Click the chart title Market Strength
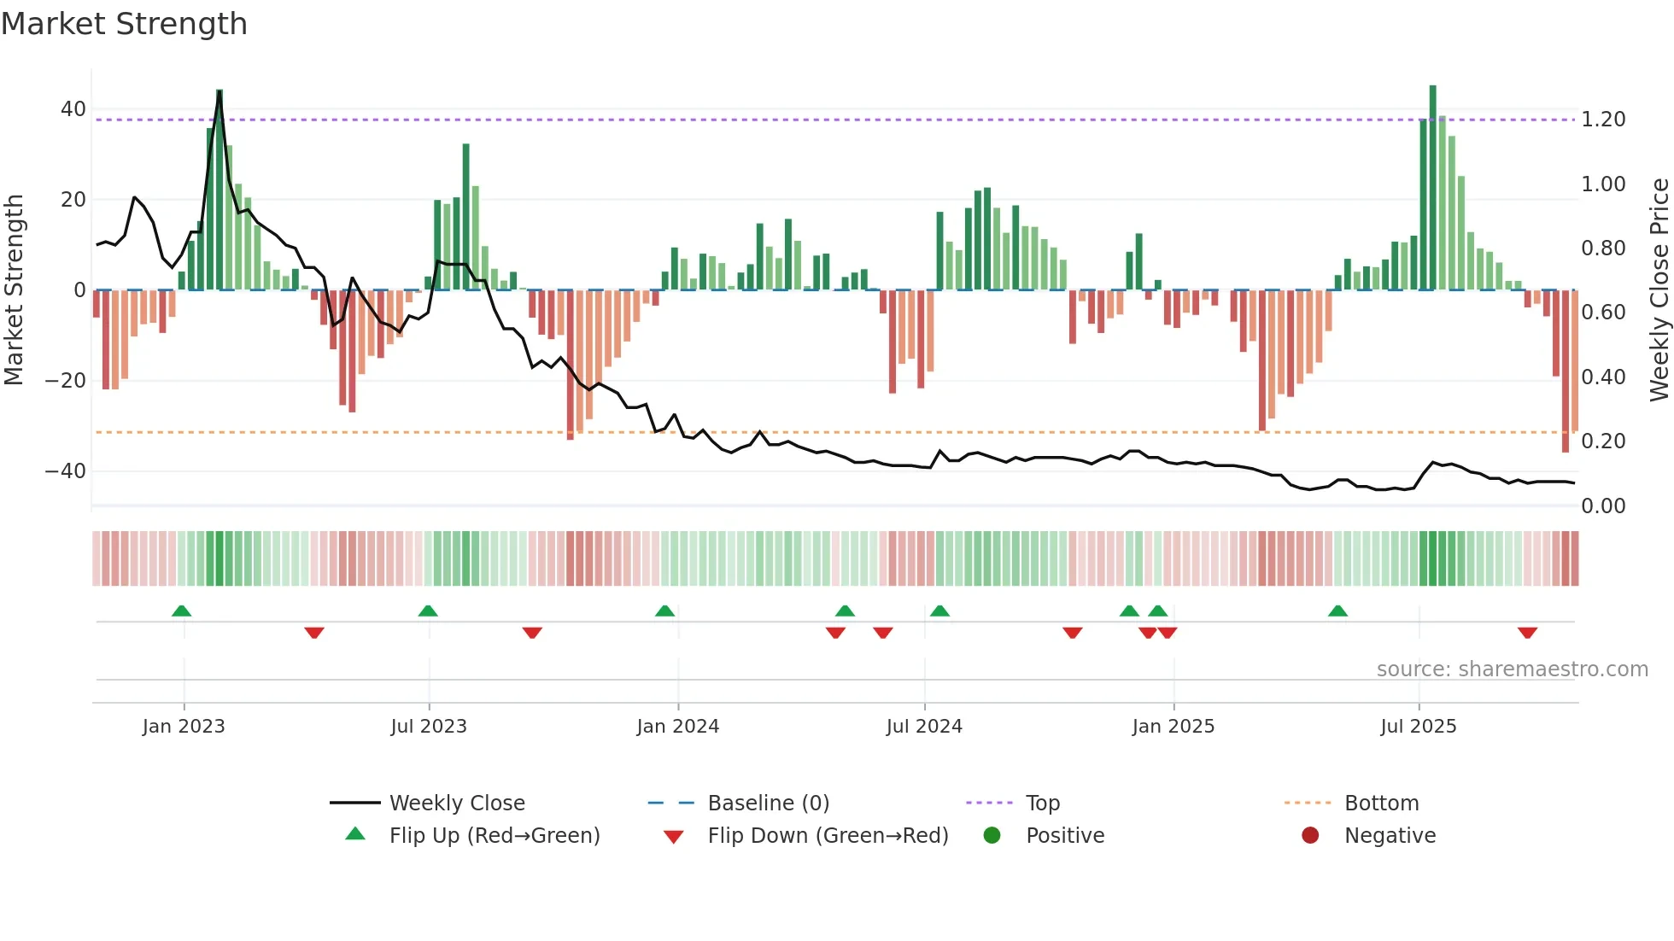(x=125, y=24)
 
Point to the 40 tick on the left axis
(x=73, y=109)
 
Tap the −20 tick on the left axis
(x=66, y=381)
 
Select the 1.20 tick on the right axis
(x=1603, y=120)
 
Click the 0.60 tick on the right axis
(x=1603, y=313)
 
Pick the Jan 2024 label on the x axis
(x=678, y=727)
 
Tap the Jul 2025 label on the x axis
(x=1419, y=727)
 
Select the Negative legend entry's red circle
(x=1310, y=836)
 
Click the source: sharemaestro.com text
(x=1512, y=669)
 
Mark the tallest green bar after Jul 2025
(x=1433, y=188)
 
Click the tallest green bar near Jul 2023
(x=466, y=218)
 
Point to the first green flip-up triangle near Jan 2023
(x=181, y=611)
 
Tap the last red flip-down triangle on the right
(x=1527, y=633)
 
